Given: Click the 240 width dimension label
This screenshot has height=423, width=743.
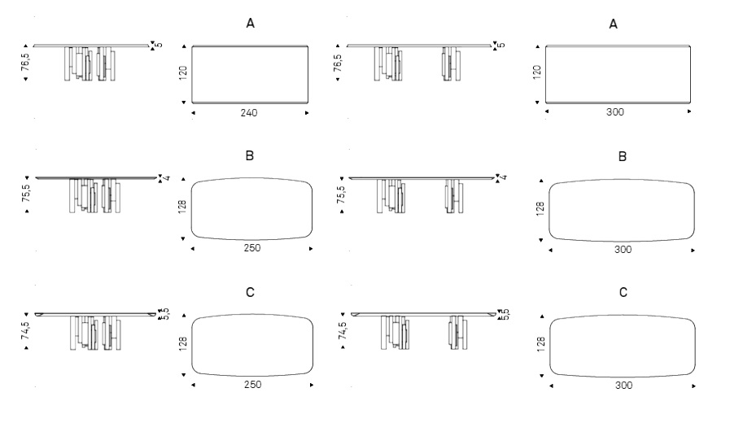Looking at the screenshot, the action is [x=249, y=113].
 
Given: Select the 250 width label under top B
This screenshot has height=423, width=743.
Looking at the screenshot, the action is [x=252, y=248].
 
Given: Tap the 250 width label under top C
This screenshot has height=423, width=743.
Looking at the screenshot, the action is [x=252, y=384].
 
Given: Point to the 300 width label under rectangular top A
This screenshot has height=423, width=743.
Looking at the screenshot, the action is [x=615, y=111].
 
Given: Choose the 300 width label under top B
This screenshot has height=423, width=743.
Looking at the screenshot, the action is [x=623, y=250].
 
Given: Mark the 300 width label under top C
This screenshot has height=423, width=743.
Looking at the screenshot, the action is [x=623, y=385].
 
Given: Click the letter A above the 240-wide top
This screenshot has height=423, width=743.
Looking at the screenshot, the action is [x=250, y=24].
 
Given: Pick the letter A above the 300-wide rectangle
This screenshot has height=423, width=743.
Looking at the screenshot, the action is [x=613, y=24].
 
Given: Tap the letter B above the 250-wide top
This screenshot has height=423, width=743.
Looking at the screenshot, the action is [x=250, y=156].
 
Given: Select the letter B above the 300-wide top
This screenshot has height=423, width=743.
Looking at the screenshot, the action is [x=623, y=157].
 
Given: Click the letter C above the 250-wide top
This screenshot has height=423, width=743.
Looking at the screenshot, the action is [x=250, y=293].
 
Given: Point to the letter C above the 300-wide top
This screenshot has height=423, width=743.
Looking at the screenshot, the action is [x=623, y=293].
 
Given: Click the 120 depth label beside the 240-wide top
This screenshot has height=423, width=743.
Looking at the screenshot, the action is [x=183, y=73].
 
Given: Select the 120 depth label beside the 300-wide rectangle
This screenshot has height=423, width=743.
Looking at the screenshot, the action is [x=537, y=72].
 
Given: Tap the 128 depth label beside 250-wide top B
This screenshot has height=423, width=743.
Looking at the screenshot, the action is [x=182, y=207].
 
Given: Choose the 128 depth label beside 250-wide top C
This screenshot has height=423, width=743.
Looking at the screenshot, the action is [x=183, y=343].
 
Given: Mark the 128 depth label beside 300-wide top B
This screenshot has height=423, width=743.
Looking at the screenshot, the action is [x=540, y=209].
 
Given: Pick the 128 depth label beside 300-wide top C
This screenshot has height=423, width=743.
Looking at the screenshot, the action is [x=541, y=344].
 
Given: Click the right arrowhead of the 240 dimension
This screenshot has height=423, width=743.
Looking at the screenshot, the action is [x=307, y=113].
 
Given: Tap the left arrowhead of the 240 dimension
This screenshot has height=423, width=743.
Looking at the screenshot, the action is [x=194, y=113].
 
